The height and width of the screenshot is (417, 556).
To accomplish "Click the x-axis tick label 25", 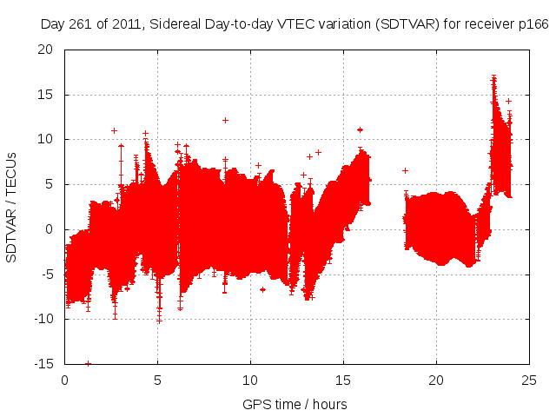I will click(529, 380).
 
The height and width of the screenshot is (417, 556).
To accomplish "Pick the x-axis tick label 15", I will click(343, 380).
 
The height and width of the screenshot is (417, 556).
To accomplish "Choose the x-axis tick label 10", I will click(250, 380).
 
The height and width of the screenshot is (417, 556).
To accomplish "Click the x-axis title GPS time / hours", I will click(296, 404).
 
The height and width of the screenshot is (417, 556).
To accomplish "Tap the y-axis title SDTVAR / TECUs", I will click(12, 207).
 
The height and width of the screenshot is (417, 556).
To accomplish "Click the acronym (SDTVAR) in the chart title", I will click(404, 23).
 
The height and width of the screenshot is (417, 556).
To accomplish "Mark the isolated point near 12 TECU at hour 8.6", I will click(225, 120).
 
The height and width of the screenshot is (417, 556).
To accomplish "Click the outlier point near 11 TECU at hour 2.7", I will click(115, 130).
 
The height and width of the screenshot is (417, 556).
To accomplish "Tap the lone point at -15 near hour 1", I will click(88, 363).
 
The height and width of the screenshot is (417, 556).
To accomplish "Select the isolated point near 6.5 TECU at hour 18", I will click(405, 170).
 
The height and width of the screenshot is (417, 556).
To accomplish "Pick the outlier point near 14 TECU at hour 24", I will click(508, 101).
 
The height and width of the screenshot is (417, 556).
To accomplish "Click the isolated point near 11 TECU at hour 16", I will click(360, 129).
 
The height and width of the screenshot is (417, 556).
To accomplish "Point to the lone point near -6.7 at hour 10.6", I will click(262, 289).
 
